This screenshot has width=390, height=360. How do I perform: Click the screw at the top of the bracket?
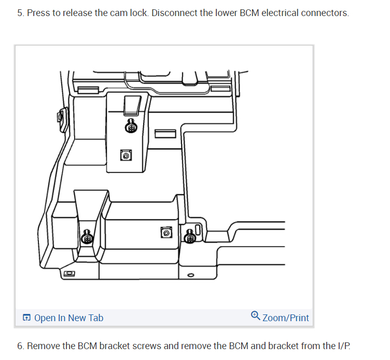pyautogui.click(x=132, y=126)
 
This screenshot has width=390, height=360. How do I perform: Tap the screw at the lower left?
pyautogui.click(x=87, y=238)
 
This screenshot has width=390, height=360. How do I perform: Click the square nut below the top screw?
pyautogui.click(x=126, y=155)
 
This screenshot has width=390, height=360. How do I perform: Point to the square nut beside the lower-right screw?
pyautogui.click(x=166, y=233)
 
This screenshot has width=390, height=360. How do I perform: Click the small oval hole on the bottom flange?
pyautogui.click(x=190, y=276)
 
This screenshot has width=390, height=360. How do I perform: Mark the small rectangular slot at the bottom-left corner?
pyautogui.click(x=69, y=272)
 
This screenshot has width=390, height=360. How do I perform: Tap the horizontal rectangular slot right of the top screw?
pyautogui.click(x=165, y=134)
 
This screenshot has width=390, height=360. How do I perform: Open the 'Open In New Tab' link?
pyautogui.click(x=68, y=318)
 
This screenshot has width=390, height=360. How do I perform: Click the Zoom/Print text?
pyautogui.click(x=286, y=318)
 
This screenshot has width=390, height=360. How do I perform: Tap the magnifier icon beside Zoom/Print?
pyautogui.click(x=255, y=315)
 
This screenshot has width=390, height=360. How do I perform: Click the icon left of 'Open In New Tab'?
pyautogui.click(x=27, y=318)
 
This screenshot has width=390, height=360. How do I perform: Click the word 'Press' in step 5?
pyautogui.click(x=37, y=12)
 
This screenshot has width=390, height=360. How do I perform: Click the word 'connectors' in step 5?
pyautogui.click(x=326, y=12)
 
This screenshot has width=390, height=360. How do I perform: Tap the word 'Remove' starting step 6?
pyautogui.click(x=43, y=345)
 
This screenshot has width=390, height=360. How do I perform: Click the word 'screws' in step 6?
pyautogui.click(x=147, y=345)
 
